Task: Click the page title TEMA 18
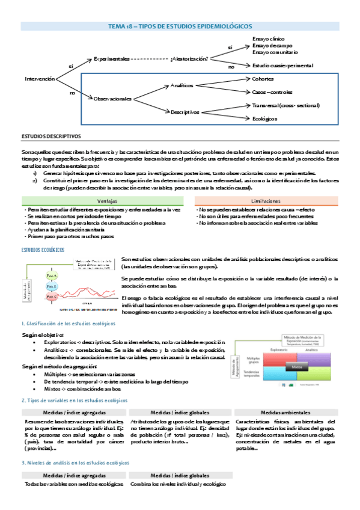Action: click(x=180, y=26)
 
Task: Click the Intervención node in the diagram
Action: click(x=40, y=79)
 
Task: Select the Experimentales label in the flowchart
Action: click(x=112, y=59)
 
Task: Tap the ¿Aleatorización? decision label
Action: click(x=189, y=59)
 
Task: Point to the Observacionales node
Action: click(x=112, y=98)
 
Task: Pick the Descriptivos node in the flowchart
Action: click(x=185, y=112)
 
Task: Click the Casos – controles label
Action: click(x=272, y=92)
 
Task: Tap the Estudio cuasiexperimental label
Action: click(x=282, y=65)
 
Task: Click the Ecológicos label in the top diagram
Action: click(x=265, y=118)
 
